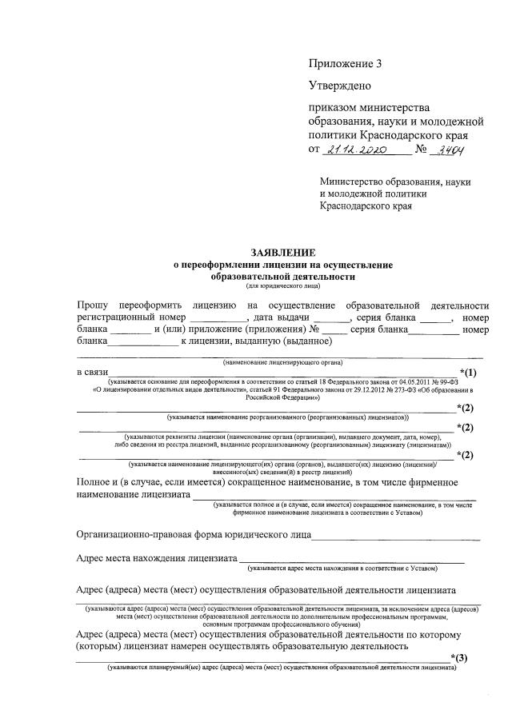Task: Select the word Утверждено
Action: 339,84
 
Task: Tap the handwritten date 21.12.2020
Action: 356,150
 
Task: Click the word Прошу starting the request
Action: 93,305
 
